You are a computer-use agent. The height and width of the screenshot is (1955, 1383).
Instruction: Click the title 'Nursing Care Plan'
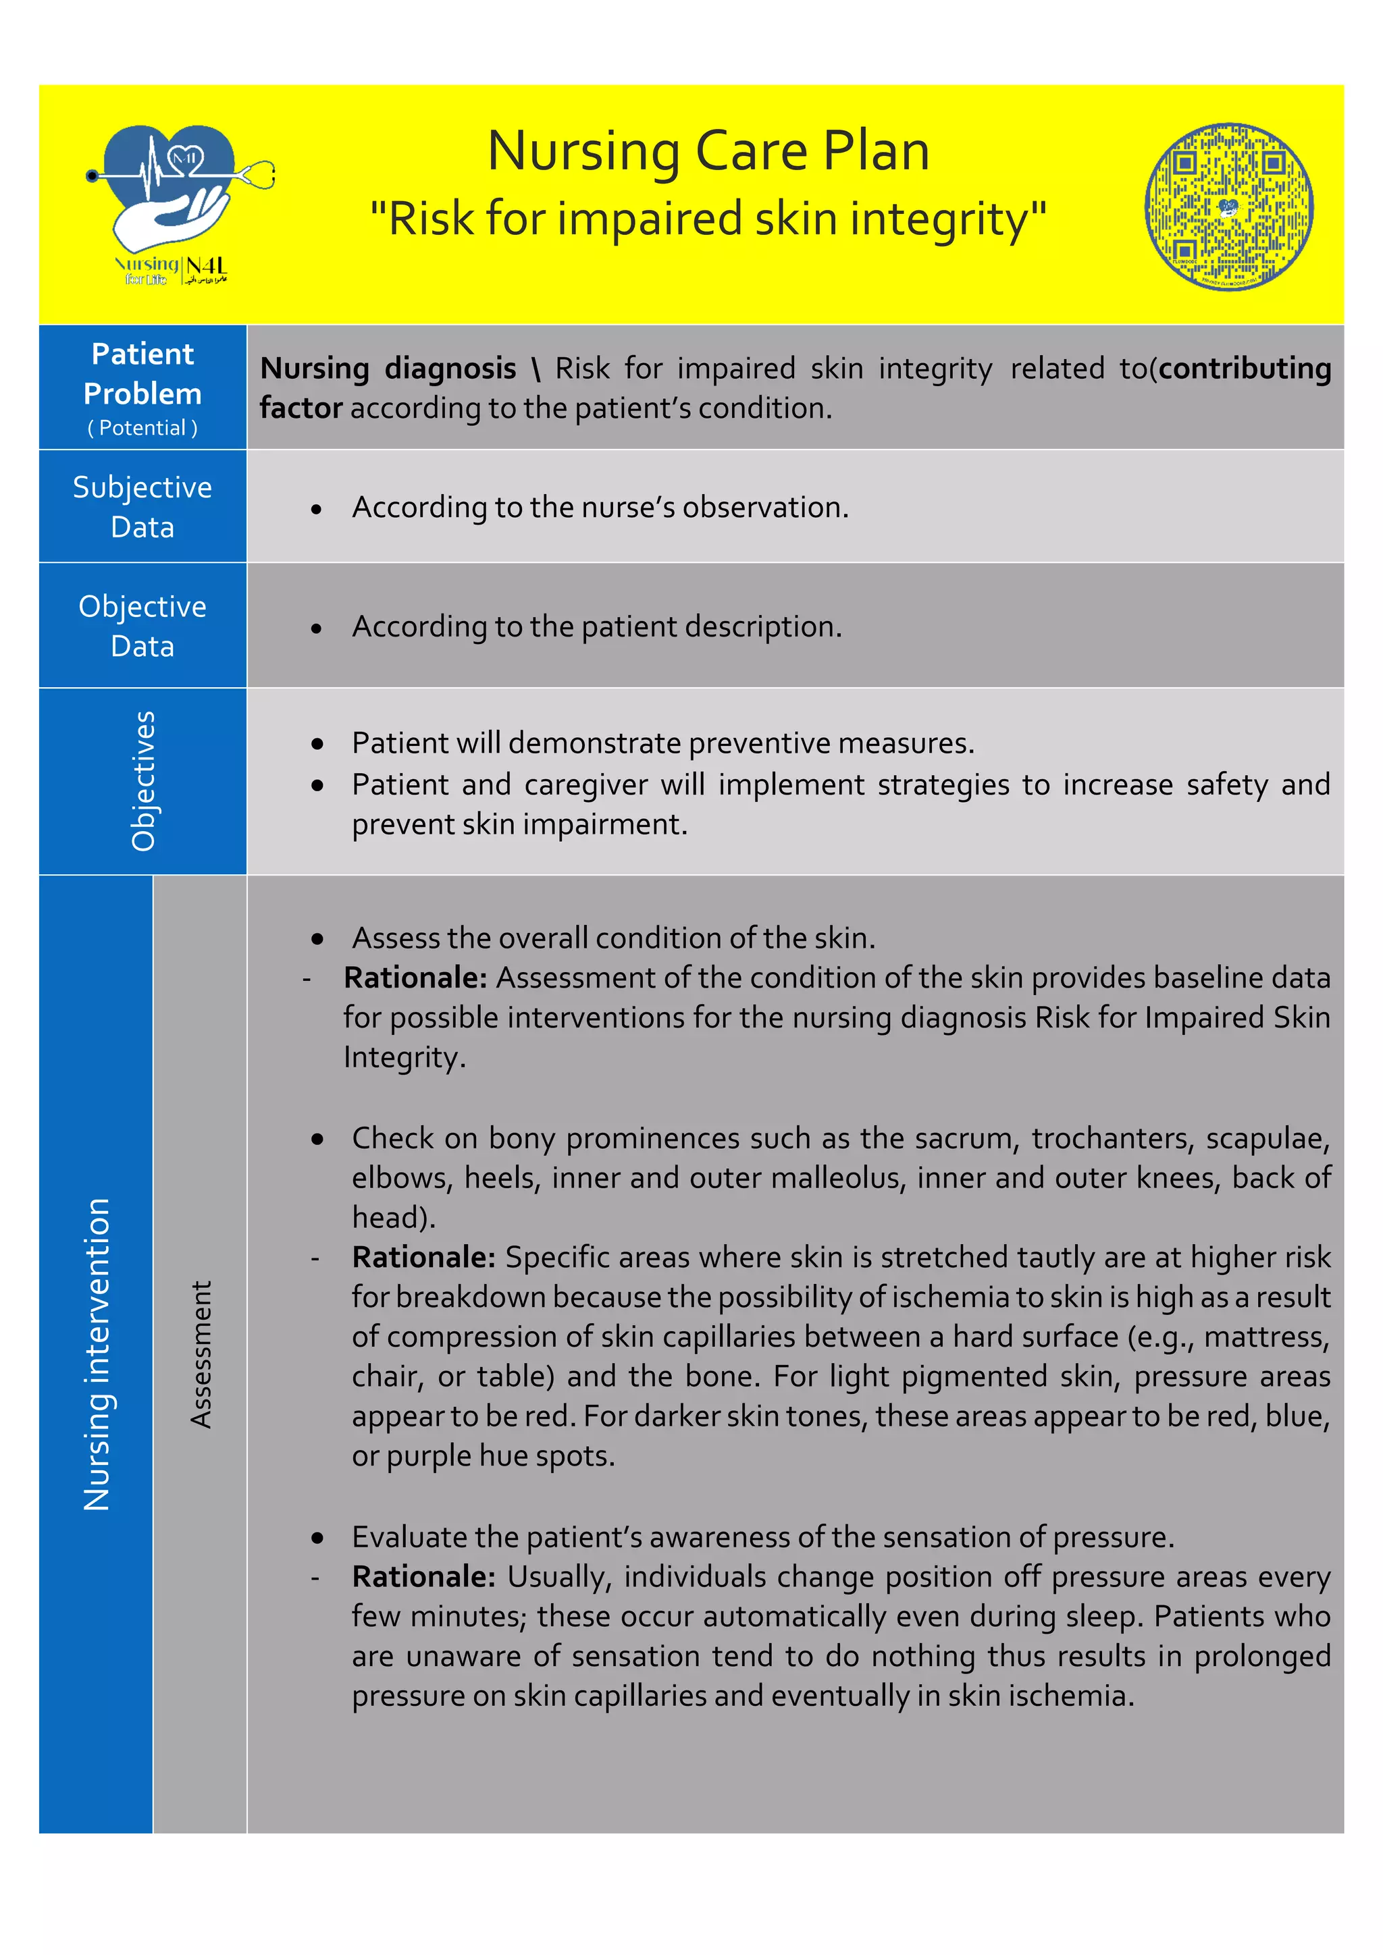[x=708, y=152]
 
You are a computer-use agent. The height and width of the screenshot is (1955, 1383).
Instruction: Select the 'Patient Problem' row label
[x=142, y=374]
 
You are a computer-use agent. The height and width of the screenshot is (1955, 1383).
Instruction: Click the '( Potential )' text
[x=142, y=427]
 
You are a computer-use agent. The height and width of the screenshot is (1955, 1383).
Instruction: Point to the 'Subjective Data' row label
[x=142, y=506]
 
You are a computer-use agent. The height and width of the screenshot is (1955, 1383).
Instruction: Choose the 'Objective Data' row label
[x=142, y=626]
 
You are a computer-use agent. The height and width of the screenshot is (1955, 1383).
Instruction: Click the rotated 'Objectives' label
[x=143, y=781]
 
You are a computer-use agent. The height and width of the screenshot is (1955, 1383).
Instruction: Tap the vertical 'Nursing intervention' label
[x=97, y=1354]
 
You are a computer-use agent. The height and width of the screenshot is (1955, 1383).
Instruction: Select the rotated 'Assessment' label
[x=200, y=1354]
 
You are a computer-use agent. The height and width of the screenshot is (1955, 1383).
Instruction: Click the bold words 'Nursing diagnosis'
[x=388, y=369]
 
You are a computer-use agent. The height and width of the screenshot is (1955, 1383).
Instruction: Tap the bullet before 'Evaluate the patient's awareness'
[x=317, y=1538]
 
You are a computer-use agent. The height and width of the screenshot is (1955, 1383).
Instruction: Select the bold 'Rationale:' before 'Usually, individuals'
[x=423, y=1577]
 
